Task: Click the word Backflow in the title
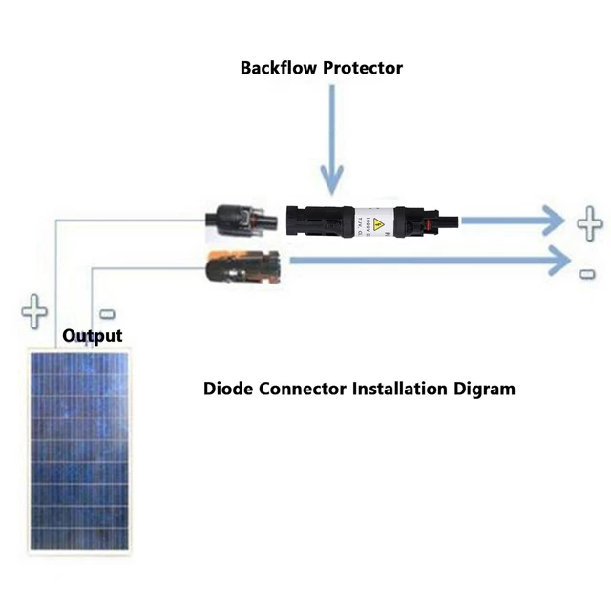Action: [x=274, y=68]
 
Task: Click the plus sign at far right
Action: [x=589, y=225]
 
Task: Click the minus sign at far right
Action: [x=587, y=274]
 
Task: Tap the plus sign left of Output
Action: [x=35, y=311]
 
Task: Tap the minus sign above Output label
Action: [x=107, y=313]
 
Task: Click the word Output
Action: [x=93, y=336]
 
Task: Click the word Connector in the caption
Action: [x=304, y=389]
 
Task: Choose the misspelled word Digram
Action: [x=487, y=389]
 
